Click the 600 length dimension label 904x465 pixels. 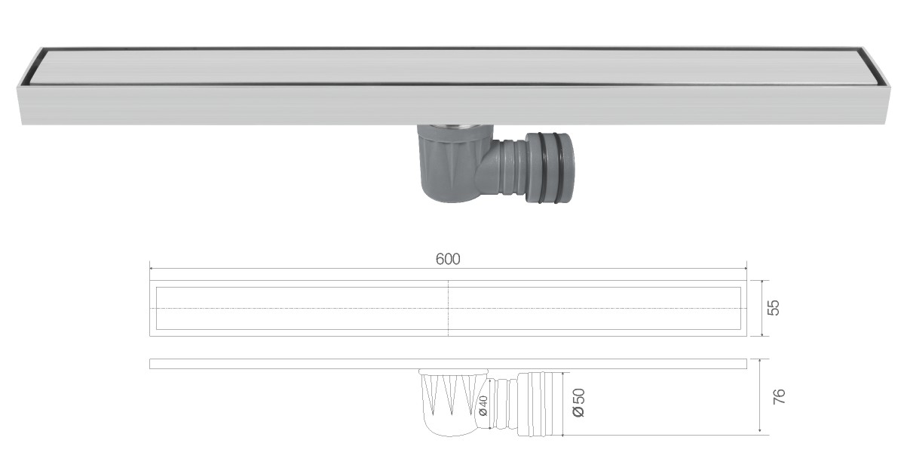[448, 259]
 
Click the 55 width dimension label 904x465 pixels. [774, 307]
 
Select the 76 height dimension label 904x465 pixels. [778, 396]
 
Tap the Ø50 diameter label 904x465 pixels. [579, 402]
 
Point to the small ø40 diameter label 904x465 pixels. [483, 405]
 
